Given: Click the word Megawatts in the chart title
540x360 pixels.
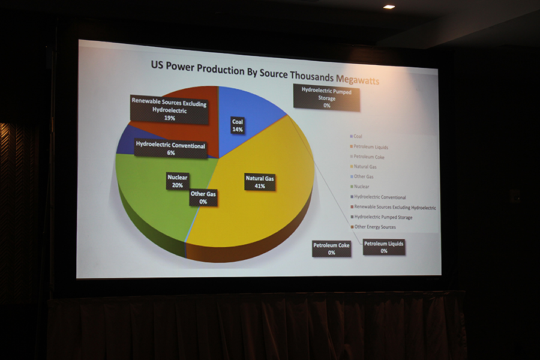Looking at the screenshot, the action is coord(358,80).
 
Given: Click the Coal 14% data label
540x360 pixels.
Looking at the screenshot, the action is coord(237,125).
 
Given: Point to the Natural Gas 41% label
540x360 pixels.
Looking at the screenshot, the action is coord(260,182).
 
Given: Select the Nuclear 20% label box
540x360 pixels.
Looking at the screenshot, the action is coord(178,181).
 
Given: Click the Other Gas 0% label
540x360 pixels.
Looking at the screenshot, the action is coord(203,197).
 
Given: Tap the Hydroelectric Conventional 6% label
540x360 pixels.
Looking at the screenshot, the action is coord(170,148).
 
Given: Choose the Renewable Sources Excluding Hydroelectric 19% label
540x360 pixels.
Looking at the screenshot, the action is coord(169,109).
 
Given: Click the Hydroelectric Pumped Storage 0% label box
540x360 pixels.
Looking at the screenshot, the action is coord(326,98).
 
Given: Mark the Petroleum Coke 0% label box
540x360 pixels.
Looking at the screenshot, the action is coord(331,248).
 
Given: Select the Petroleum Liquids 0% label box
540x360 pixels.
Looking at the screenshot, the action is coord(383,247).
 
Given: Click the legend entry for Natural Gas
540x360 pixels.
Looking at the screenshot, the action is coord(364,166).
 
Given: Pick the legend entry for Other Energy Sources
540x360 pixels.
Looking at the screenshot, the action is coord(373,227).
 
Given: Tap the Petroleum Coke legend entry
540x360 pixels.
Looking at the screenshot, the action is coord(367,157).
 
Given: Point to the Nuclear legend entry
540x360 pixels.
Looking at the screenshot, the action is coord(359,187).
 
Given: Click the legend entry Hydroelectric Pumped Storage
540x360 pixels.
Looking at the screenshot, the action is coord(382,217).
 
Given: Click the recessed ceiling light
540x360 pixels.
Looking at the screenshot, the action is coord(389,7).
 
